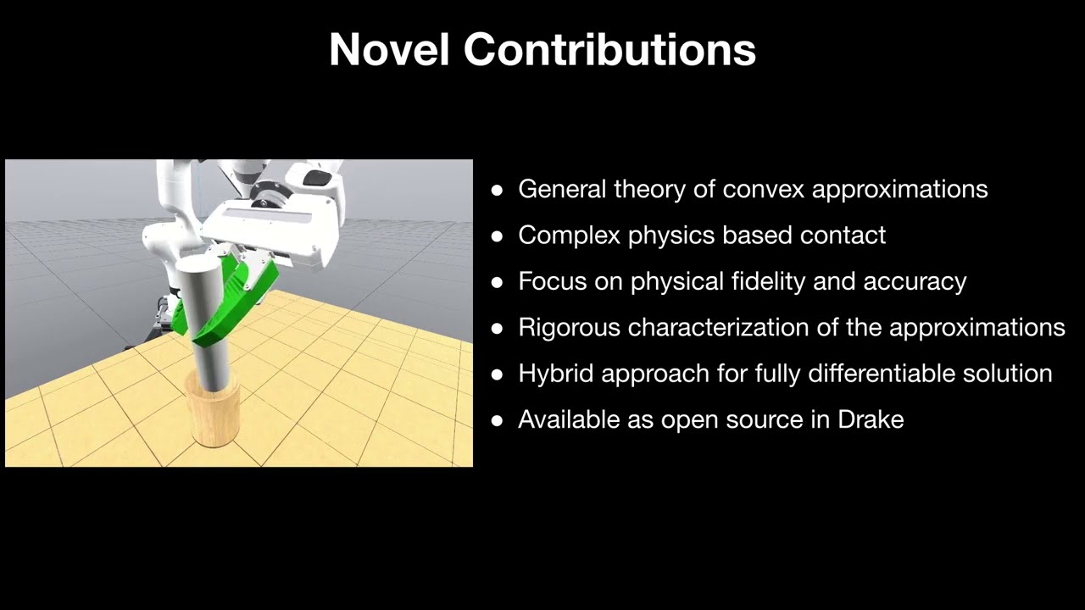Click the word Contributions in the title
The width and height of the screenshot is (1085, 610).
[x=609, y=49]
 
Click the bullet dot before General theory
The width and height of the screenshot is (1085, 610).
[x=497, y=190]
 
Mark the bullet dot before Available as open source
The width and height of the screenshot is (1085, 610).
[x=497, y=420]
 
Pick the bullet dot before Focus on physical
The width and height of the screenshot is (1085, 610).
[x=497, y=282]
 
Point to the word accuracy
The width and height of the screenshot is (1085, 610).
[x=915, y=281]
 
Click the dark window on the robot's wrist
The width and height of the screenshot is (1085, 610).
[x=318, y=177]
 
